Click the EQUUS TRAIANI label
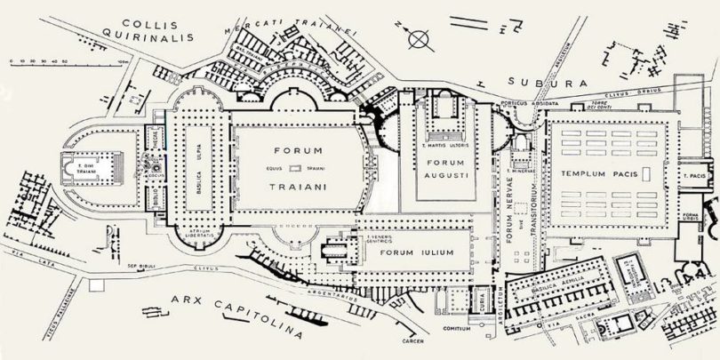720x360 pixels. pos(298,169)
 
